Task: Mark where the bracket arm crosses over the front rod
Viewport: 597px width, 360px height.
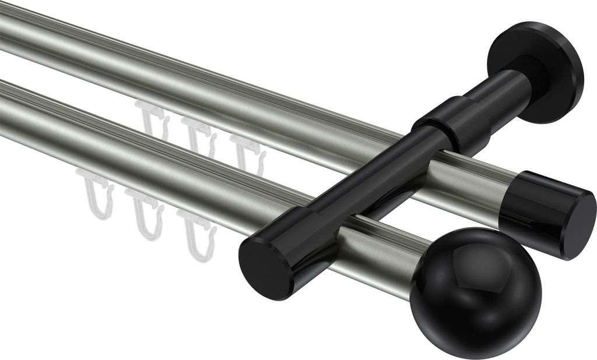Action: pyautogui.click(x=309, y=233)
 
